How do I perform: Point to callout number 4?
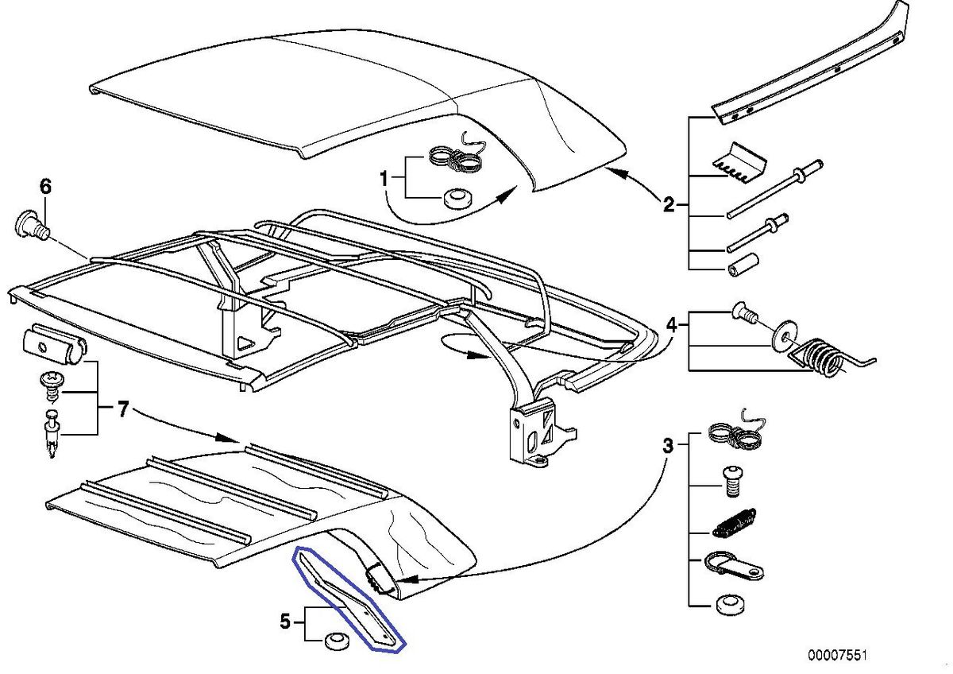[x=671, y=324]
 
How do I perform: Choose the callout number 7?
[x=122, y=410]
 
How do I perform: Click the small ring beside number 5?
[x=334, y=640]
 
